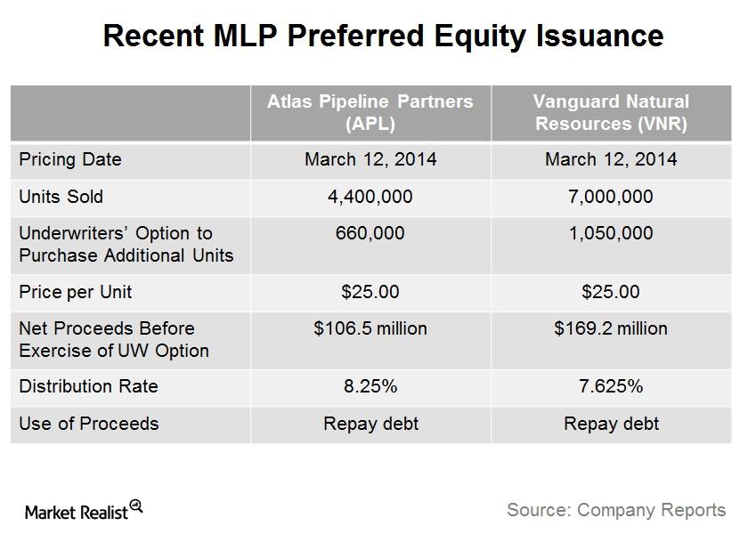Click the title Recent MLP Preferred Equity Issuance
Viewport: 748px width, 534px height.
pos(383,36)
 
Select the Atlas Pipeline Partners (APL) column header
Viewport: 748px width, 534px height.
pos(370,112)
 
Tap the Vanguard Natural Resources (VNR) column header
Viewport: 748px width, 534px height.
pos(611,112)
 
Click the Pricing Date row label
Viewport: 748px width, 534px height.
pos(70,159)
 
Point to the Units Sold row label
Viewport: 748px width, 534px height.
pos(61,197)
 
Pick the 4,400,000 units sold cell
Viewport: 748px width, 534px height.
pos(370,197)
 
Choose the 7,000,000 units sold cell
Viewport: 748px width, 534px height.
pos(611,197)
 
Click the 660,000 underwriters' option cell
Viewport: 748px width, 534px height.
pos(370,233)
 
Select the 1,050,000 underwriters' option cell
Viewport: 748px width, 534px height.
pos(611,233)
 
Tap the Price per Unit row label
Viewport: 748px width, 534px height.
pos(76,292)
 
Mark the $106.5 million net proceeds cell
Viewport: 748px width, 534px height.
pos(370,328)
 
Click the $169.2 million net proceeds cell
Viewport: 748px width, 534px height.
pos(611,328)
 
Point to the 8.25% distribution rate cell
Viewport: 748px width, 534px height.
pos(370,386)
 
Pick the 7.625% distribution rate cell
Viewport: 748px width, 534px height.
pos(611,386)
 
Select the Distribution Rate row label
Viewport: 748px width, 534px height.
pos(88,386)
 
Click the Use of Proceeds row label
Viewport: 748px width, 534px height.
pos(89,424)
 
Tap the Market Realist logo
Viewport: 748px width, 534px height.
pos(84,511)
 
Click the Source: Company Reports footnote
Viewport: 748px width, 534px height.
pos(616,510)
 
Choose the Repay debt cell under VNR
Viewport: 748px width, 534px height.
pos(611,424)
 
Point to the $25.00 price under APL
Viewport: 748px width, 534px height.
pos(370,292)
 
